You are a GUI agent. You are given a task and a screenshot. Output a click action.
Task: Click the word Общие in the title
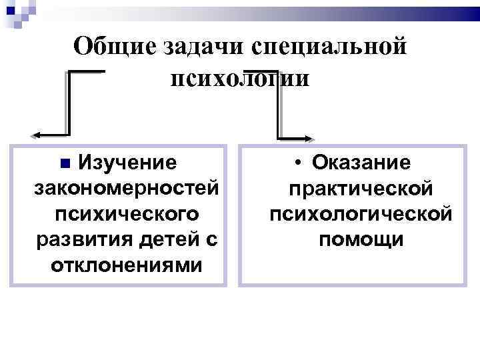pyautogui.click(x=113, y=47)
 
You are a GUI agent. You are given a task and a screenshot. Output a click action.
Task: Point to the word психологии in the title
pyautogui.click(x=240, y=79)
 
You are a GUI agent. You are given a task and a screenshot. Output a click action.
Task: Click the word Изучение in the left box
pyautogui.click(x=128, y=162)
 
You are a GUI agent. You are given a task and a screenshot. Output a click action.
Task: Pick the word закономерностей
pyautogui.click(x=126, y=188)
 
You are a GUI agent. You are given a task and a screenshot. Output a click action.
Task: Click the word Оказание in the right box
pyautogui.click(x=362, y=162)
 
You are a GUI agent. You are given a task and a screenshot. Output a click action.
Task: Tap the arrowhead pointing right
pyautogui.click(x=309, y=139)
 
